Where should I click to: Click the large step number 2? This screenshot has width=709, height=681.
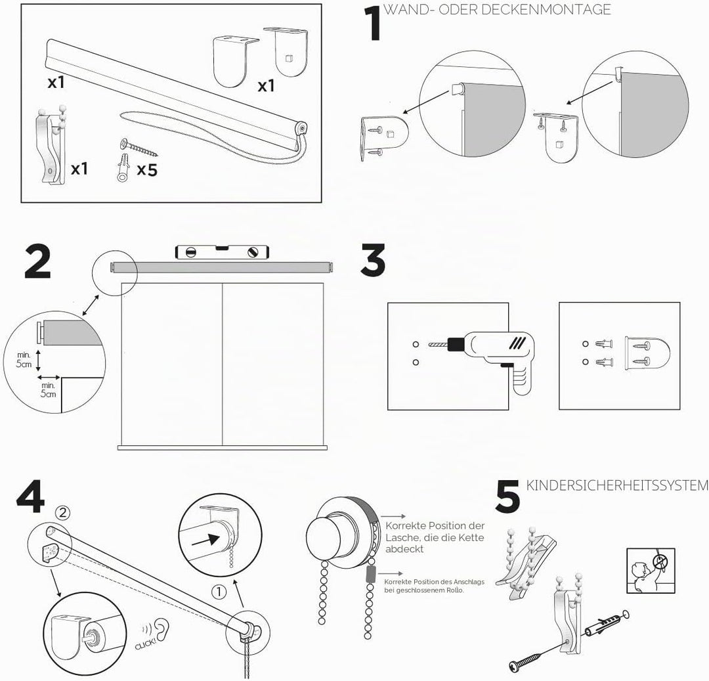[x=37, y=261]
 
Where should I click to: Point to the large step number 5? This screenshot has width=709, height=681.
[x=507, y=497]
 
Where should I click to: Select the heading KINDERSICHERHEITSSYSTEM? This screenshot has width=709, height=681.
[x=617, y=485]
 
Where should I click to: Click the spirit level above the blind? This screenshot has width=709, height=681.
[x=223, y=252]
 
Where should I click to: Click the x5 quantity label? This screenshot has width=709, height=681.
[x=147, y=170]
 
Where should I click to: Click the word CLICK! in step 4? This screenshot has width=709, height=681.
[x=145, y=644]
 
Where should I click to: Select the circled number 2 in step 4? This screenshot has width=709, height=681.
[x=62, y=512]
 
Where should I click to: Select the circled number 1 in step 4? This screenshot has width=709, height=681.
[x=219, y=592]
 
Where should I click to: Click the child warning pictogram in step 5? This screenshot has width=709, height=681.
[x=651, y=571]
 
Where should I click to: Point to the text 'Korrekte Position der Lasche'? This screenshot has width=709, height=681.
[x=435, y=532]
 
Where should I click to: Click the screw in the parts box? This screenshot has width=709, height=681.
[x=139, y=147]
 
